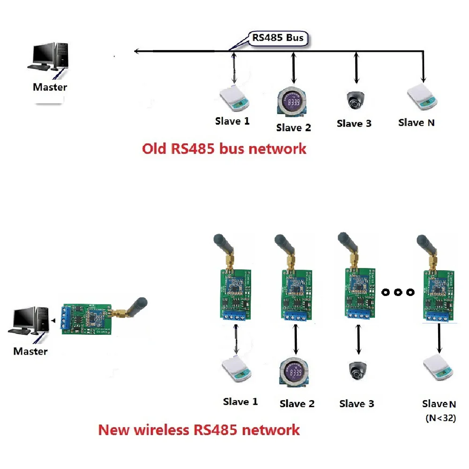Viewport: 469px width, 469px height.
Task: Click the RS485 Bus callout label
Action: tap(279, 38)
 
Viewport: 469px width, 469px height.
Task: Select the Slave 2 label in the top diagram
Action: tap(293, 127)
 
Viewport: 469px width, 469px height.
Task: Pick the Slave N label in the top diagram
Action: tap(416, 123)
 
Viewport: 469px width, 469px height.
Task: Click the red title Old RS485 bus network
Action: tap(224, 149)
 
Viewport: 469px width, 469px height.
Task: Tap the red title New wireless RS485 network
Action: tap(198, 430)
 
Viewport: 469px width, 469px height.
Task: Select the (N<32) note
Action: tap(440, 417)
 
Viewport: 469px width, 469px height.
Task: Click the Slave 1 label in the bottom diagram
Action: tap(240, 402)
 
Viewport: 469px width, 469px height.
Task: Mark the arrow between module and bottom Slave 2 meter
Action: tap(296, 340)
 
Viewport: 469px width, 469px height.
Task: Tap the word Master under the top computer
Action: tap(50, 87)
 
